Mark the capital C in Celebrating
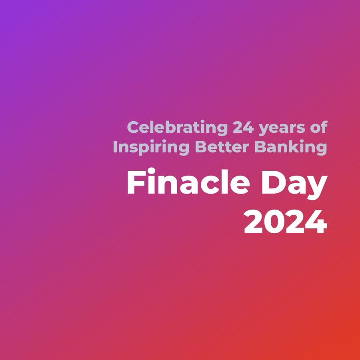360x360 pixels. [133, 128]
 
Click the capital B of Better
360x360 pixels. [200, 147]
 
